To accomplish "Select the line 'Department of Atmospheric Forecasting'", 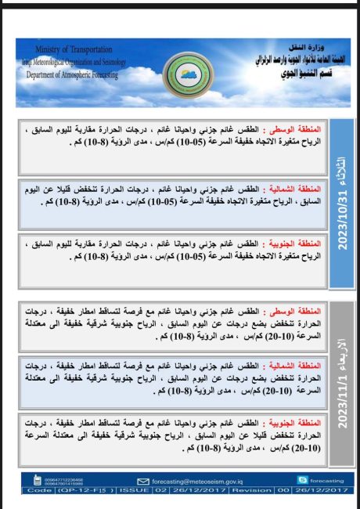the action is [72, 74].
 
